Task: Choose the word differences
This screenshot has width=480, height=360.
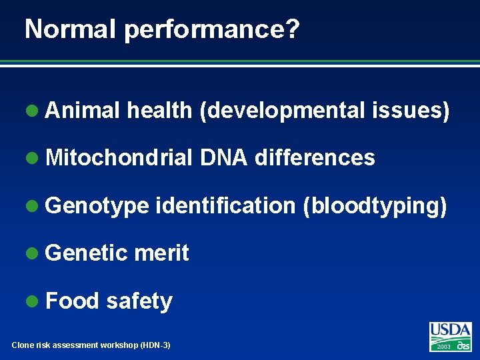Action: [315, 158]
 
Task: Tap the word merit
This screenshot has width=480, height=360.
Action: [161, 253]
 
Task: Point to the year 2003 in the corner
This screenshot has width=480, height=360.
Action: [443, 347]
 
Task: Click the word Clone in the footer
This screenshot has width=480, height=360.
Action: [23, 345]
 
